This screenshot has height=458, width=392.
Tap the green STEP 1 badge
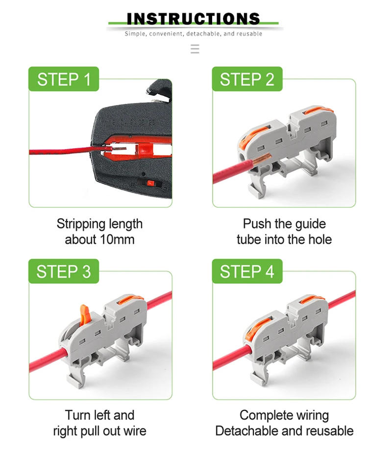pyautogui.click(x=64, y=79)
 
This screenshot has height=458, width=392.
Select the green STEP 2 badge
pyautogui.click(x=247, y=79)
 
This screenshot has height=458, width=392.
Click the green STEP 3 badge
pyautogui.click(x=64, y=271)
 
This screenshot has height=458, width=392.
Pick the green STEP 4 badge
pyautogui.click(x=247, y=271)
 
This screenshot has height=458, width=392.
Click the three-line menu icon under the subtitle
pyautogui.click(x=195, y=49)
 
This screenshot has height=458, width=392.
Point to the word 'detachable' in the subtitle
pyautogui.click(x=204, y=34)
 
